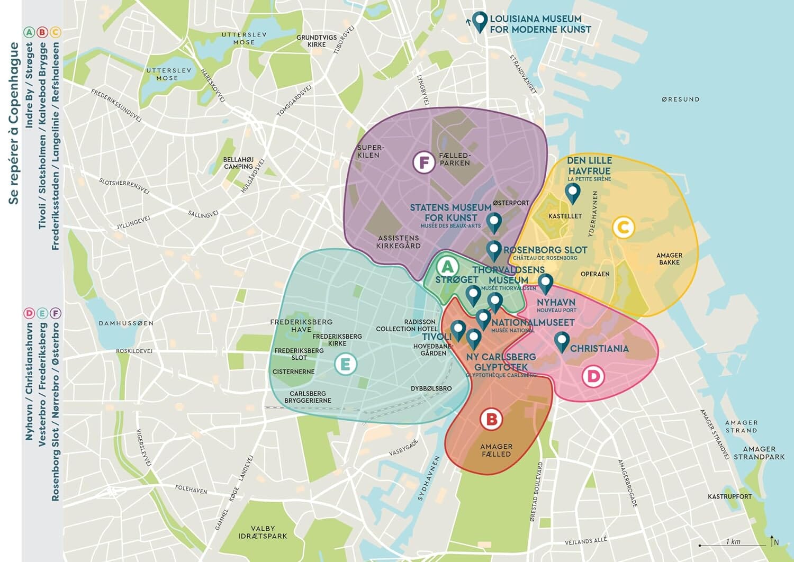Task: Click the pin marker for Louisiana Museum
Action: point(480,21)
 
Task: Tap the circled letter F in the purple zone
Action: point(423,162)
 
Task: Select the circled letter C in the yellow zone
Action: point(623,228)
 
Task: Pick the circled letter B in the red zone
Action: point(491,420)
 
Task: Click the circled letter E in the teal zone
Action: point(345,364)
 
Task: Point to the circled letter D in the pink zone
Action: point(593,376)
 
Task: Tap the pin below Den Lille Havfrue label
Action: point(572,193)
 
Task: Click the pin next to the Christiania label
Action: point(562,341)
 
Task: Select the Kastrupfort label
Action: point(729,496)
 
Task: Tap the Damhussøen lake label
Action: point(126,323)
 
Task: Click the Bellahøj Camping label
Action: point(238,163)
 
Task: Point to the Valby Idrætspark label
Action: point(263,532)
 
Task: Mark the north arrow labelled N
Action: point(774,541)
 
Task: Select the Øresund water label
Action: point(680,99)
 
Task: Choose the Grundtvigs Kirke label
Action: point(317,41)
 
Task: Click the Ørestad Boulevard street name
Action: point(537,492)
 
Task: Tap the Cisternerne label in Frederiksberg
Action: point(293,371)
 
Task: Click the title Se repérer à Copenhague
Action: point(14,123)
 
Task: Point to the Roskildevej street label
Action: point(134,351)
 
